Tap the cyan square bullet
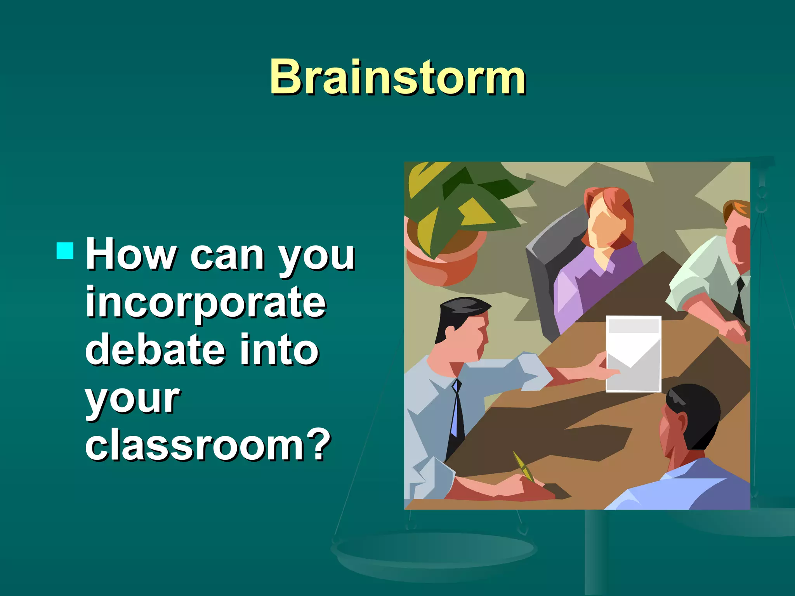65,251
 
